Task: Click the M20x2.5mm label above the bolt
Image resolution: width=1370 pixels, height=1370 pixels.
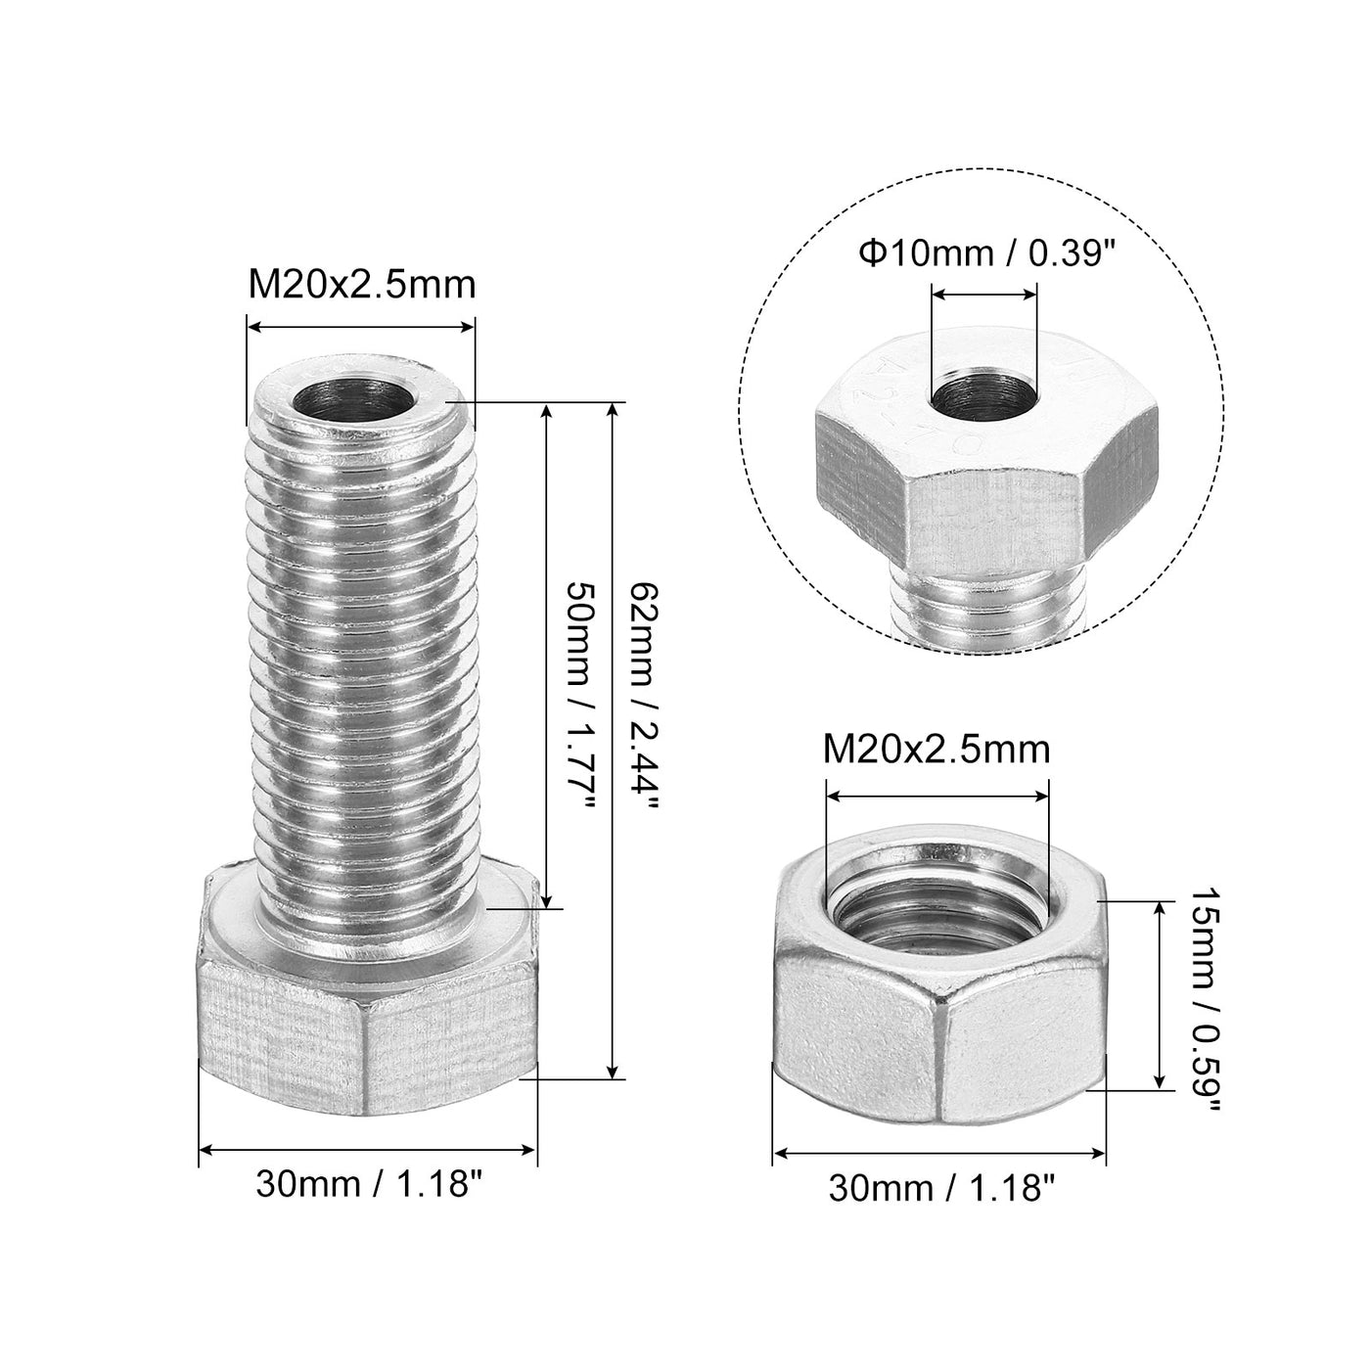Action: (361, 285)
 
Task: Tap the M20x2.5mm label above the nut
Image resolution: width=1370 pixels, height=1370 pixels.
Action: (936, 750)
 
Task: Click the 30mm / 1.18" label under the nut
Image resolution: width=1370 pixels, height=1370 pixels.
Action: (941, 1188)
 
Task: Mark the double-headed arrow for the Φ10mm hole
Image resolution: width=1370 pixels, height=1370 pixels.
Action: (982, 292)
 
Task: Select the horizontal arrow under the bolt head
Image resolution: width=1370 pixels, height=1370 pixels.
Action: (368, 1149)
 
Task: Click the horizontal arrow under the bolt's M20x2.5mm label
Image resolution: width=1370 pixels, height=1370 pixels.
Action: (360, 329)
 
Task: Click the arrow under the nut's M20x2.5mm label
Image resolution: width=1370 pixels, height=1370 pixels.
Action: (936, 796)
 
